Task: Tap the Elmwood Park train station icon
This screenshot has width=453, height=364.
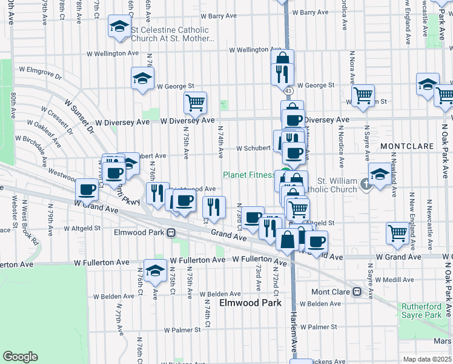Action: [x=171, y=232]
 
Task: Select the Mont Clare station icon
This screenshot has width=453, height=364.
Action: [x=357, y=292]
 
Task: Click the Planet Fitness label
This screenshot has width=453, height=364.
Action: [x=249, y=175]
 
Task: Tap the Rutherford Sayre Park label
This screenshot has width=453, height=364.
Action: [x=422, y=311]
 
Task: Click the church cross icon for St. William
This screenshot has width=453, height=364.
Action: [x=366, y=184]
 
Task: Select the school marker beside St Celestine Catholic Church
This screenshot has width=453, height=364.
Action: [x=119, y=27]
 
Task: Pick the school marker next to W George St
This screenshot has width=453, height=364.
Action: [x=143, y=78]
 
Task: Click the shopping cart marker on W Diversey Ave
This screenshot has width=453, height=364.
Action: [x=195, y=103]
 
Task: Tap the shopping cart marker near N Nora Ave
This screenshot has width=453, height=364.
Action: [x=363, y=95]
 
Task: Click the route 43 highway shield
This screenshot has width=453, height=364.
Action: [x=288, y=90]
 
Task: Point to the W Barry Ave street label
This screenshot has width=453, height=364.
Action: [x=309, y=12]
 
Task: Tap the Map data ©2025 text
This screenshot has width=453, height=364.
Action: [x=427, y=359]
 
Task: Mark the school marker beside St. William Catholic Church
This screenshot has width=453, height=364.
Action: [x=379, y=175]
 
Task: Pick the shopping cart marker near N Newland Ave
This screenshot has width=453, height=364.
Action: [x=397, y=233]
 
